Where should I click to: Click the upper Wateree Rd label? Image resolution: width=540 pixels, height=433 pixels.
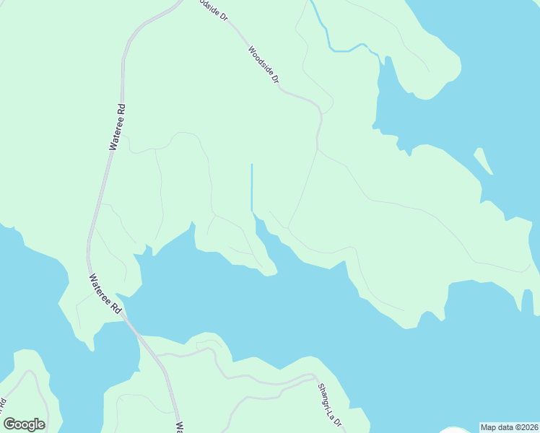click(x=118, y=127)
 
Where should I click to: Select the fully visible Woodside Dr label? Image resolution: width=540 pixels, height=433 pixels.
click(x=263, y=65)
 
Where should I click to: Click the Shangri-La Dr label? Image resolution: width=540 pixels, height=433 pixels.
click(x=328, y=404)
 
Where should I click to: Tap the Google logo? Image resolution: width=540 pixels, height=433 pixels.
click(x=24, y=424)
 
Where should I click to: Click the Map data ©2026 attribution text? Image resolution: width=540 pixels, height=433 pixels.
click(x=509, y=427)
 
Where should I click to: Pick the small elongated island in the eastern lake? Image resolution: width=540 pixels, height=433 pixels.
click(x=483, y=162)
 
